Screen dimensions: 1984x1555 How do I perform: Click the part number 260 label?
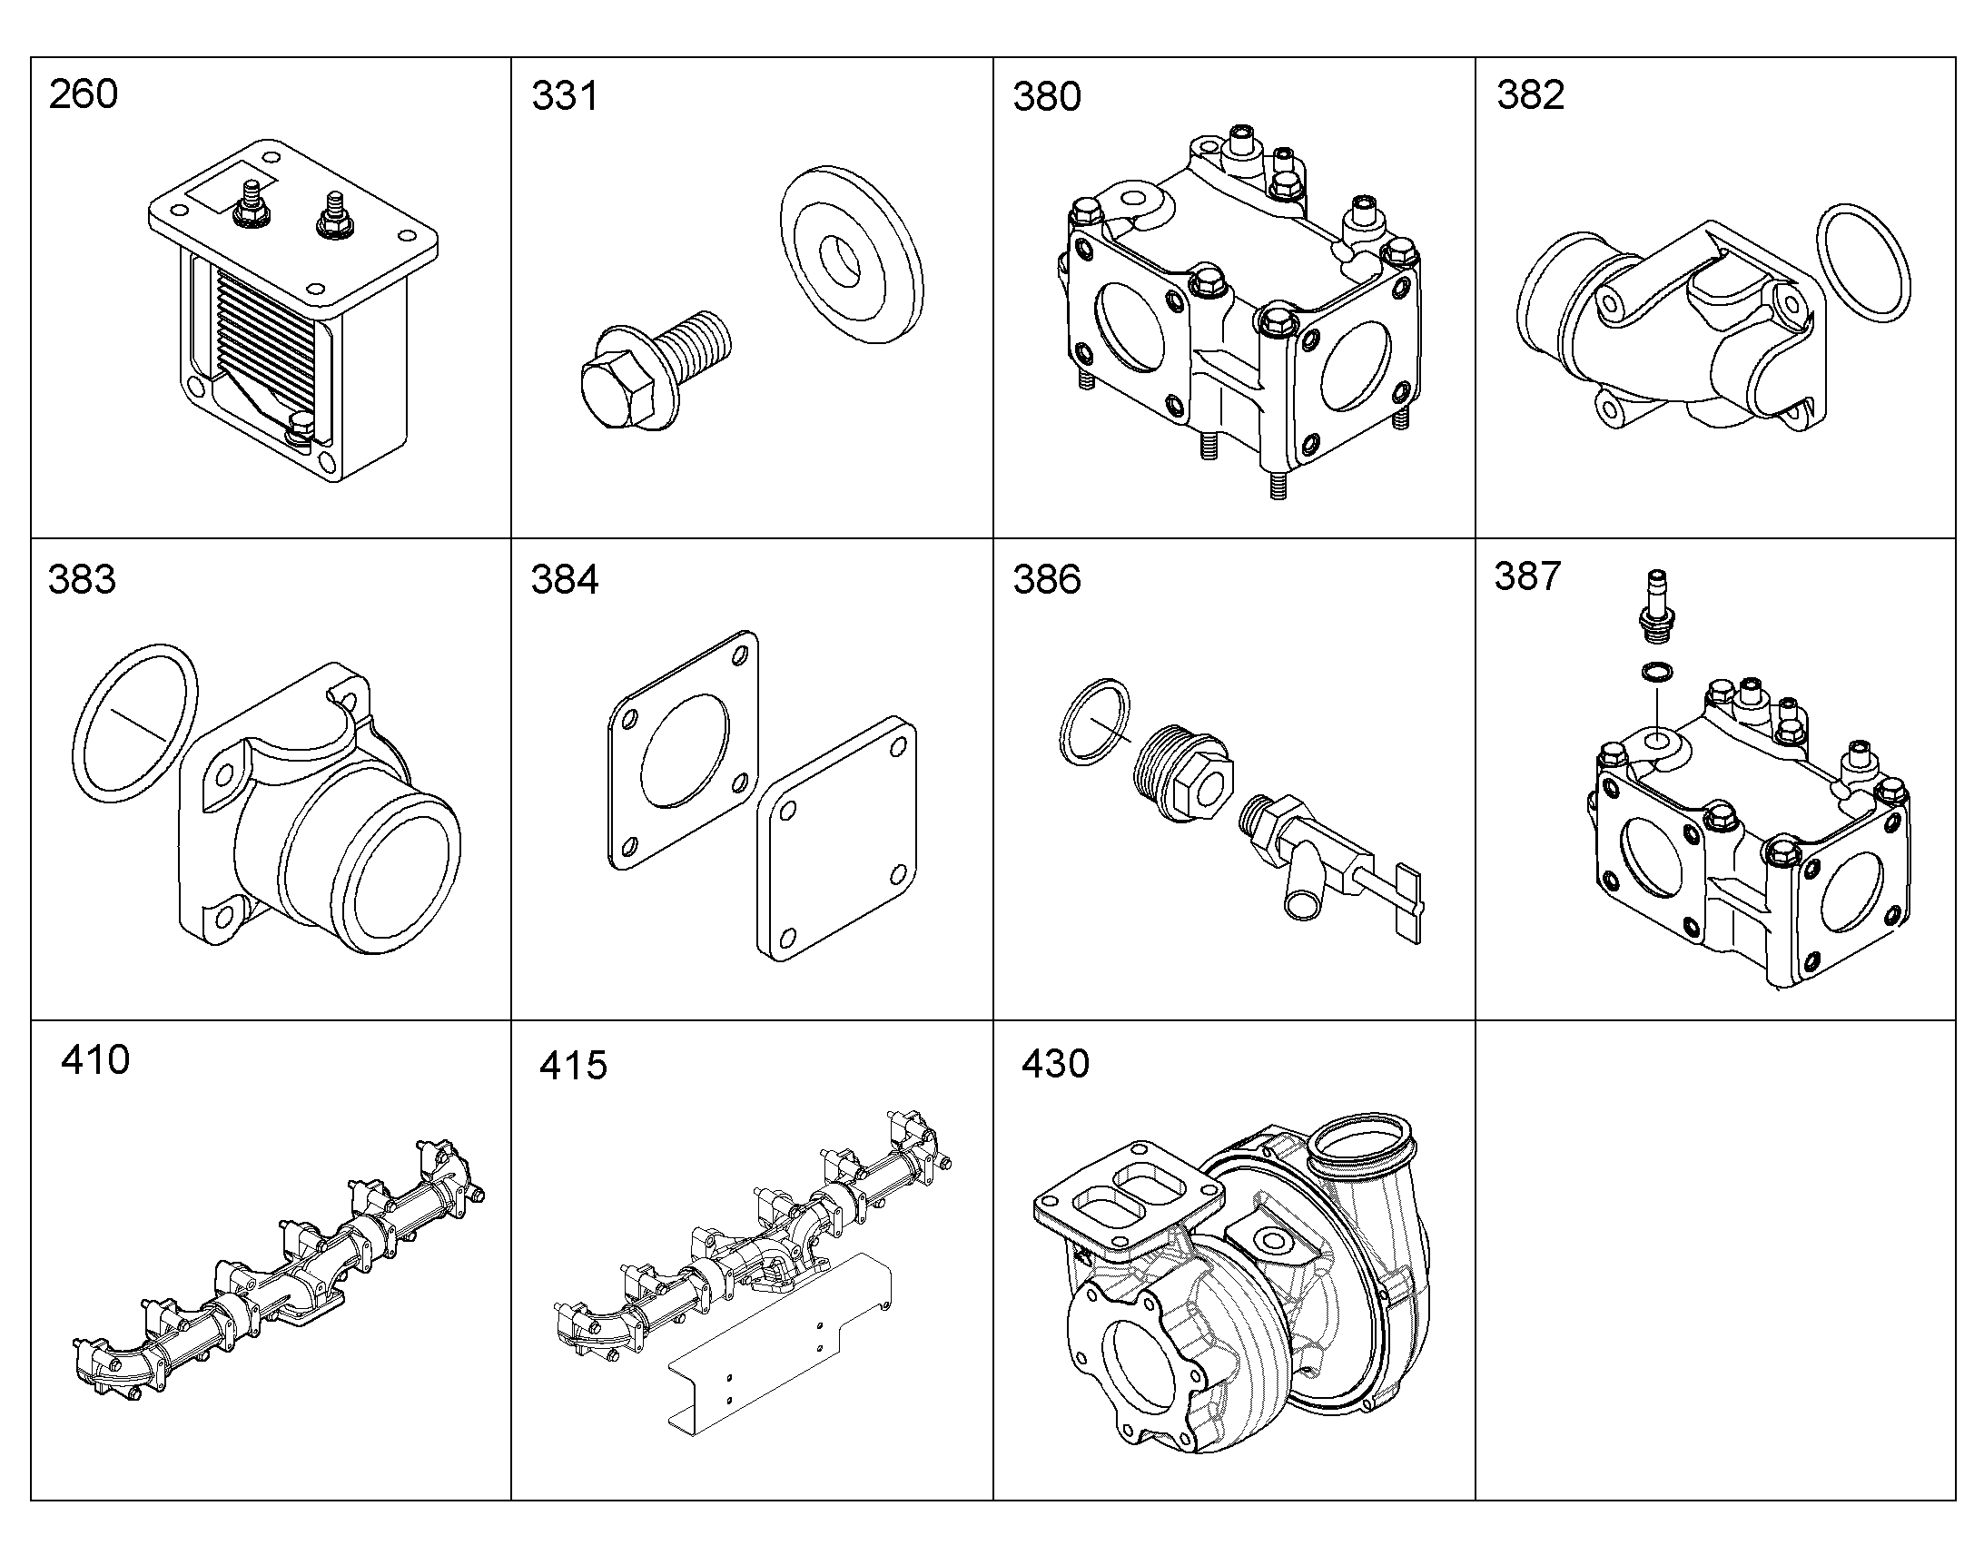point(83,94)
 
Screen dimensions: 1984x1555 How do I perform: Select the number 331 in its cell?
point(565,96)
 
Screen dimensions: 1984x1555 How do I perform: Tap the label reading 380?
point(1047,96)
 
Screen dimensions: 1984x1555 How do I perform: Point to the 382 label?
point(1530,95)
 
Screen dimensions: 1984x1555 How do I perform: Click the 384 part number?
point(565,580)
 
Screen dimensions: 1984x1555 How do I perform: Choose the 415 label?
point(573,1065)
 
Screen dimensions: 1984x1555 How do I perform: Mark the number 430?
point(1055,1063)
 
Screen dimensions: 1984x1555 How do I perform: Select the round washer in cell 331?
point(852,254)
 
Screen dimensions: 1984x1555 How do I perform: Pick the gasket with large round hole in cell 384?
point(683,749)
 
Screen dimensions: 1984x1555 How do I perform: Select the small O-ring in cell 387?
point(1656,673)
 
